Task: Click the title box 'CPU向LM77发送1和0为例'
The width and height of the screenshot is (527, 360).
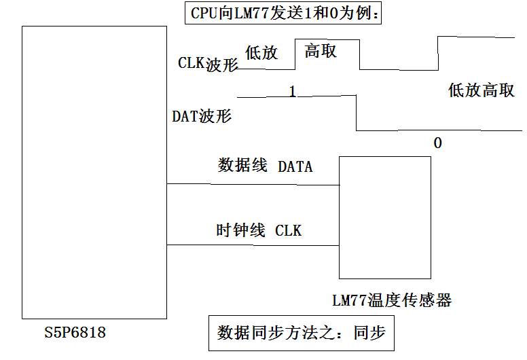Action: (x=283, y=13)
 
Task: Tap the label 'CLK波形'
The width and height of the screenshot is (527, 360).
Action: (x=208, y=64)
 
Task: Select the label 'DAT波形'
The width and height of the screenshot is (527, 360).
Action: (x=201, y=116)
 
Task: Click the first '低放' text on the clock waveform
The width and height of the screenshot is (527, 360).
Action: (x=261, y=54)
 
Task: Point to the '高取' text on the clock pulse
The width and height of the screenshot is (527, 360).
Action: (x=320, y=51)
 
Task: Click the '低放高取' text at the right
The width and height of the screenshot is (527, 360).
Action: (x=481, y=90)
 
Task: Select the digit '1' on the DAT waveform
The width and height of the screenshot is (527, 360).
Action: (x=293, y=91)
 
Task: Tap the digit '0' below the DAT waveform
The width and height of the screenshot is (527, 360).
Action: (x=437, y=143)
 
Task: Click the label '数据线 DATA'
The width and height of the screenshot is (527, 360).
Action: (x=265, y=166)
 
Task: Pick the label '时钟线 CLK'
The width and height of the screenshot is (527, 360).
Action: (x=259, y=230)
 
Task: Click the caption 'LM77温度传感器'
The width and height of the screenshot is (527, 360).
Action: (x=392, y=300)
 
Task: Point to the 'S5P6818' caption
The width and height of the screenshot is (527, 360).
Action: (x=75, y=333)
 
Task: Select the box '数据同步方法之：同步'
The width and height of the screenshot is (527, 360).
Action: (x=301, y=333)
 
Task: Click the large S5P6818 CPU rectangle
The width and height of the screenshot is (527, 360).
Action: (x=94, y=173)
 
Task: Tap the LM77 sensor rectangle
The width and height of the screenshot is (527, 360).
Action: (x=384, y=217)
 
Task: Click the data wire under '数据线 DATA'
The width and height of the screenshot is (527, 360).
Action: (x=253, y=183)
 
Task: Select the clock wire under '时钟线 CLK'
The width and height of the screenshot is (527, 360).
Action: (x=253, y=245)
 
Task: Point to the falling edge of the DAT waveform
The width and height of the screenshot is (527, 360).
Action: (x=357, y=113)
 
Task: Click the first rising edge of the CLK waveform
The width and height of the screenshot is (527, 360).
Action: (x=295, y=54)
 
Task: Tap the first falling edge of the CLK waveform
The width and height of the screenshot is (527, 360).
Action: (x=359, y=54)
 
